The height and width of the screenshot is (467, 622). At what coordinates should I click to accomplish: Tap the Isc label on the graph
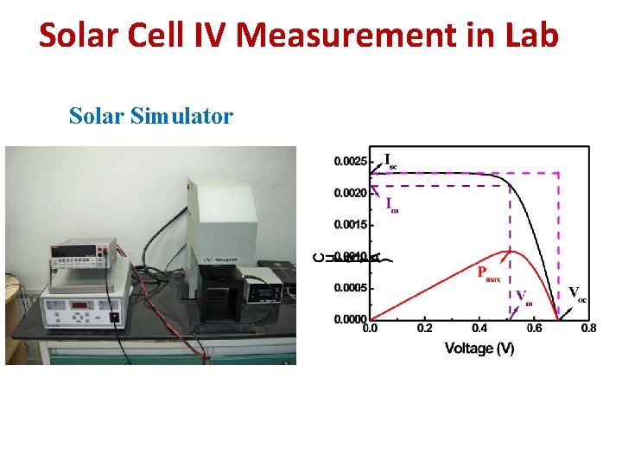390,161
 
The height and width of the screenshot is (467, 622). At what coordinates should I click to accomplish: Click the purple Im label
391,205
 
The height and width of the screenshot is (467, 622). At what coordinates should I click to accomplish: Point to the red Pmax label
489,272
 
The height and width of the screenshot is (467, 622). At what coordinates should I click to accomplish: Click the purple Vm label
524,297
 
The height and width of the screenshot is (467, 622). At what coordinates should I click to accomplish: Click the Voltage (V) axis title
479,349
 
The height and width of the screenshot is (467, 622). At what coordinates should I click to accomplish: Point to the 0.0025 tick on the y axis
349,161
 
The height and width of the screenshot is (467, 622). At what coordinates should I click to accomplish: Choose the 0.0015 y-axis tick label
349,225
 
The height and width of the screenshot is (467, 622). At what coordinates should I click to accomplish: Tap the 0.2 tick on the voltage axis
424,329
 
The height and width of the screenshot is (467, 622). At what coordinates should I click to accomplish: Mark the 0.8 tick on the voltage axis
588,329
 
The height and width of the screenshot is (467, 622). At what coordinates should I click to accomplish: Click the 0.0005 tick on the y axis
349,288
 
